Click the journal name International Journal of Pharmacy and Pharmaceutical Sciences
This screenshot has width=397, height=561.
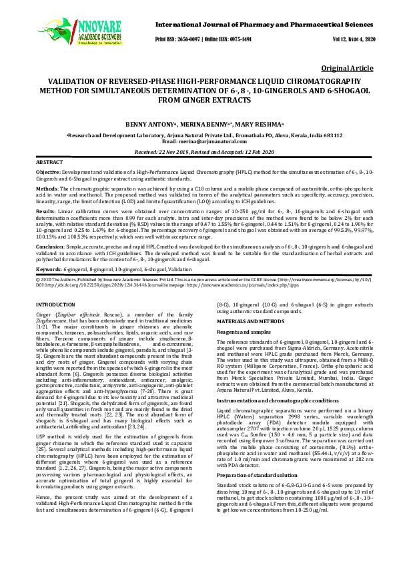(x=264, y=24)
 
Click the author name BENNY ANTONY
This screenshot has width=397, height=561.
(x=163, y=124)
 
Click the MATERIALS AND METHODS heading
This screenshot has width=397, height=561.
(x=246, y=321)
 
